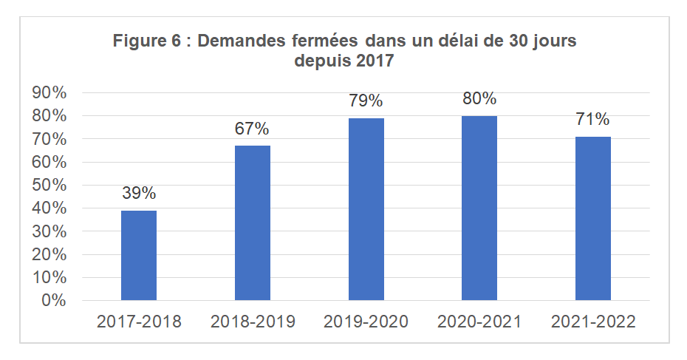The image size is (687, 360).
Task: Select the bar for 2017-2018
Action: pyautogui.click(x=139, y=255)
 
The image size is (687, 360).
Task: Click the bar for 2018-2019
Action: pyautogui.click(x=253, y=223)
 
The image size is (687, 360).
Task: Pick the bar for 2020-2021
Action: pyautogui.click(x=479, y=208)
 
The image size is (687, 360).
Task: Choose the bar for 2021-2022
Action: pyautogui.click(x=593, y=218)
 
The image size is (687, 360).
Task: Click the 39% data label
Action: pyautogui.click(x=139, y=194)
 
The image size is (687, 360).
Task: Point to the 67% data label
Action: pyautogui.click(x=253, y=129)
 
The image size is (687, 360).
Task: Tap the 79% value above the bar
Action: pyautogui.click(x=366, y=101)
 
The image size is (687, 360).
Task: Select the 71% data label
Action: pyautogui.click(x=593, y=119)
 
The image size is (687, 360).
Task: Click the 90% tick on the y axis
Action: pyautogui.click(x=49, y=93)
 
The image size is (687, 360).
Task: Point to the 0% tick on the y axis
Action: pyautogui.click(x=53, y=301)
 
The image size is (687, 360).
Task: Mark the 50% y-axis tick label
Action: pyautogui.click(x=49, y=186)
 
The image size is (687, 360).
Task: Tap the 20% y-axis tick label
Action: pyautogui.click(x=49, y=255)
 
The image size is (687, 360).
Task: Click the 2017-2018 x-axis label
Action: pyautogui.click(x=139, y=322)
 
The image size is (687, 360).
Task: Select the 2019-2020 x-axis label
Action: pyautogui.click(x=366, y=322)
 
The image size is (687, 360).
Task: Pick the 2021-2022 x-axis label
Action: pyautogui.click(x=593, y=322)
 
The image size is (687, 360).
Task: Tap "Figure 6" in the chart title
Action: pyautogui.click(x=145, y=41)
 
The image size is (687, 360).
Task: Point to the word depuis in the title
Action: pyautogui.click(x=322, y=61)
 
